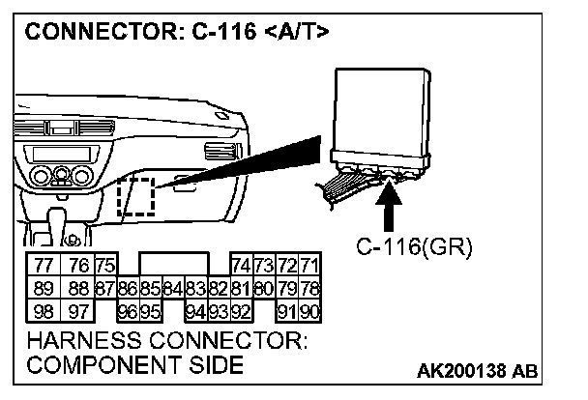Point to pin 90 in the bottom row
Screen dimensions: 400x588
(309, 310)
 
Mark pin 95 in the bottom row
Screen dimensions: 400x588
(149, 310)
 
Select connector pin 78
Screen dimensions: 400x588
(309, 289)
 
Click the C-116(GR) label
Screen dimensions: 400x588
(413, 247)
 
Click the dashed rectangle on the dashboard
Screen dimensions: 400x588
(135, 196)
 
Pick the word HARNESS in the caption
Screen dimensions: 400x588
(83, 342)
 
